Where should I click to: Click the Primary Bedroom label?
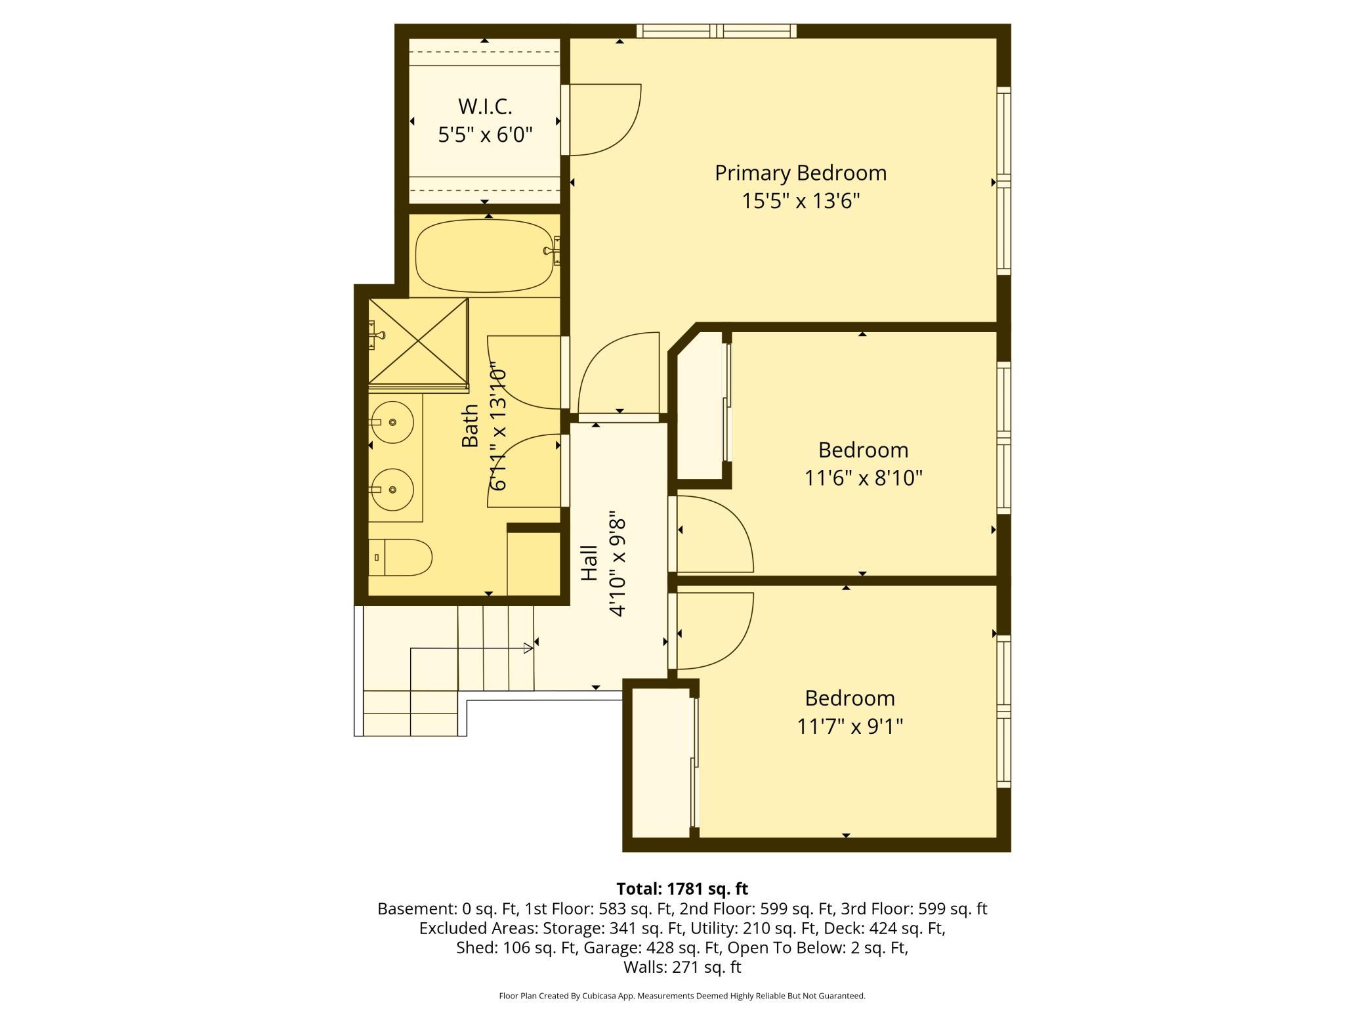pyautogui.click(x=801, y=173)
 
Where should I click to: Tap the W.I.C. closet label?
pyautogui.click(x=485, y=106)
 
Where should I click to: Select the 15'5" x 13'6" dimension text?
pyautogui.click(x=801, y=200)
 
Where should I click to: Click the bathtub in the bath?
pyautogui.click(x=485, y=255)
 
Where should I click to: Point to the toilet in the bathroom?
pyautogui.click(x=400, y=557)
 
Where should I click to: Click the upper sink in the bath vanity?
pyautogui.click(x=392, y=422)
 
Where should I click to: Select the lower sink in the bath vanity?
pyautogui.click(x=392, y=490)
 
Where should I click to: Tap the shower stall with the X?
pyautogui.click(x=418, y=341)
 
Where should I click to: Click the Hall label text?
pyautogui.click(x=589, y=563)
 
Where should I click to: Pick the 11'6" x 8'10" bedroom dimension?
pyautogui.click(x=864, y=478)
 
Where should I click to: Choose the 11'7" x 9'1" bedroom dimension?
pyautogui.click(x=850, y=727)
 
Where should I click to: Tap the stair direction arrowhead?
pyautogui.click(x=528, y=649)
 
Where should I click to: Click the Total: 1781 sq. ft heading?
pyautogui.click(x=682, y=889)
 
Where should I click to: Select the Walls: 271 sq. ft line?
pyautogui.click(x=682, y=967)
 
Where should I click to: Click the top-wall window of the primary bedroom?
pyautogui.click(x=717, y=30)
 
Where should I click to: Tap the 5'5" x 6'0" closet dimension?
pyautogui.click(x=485, y=135)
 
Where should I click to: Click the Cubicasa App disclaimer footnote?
pyautogui.click(x=682, y=996)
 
